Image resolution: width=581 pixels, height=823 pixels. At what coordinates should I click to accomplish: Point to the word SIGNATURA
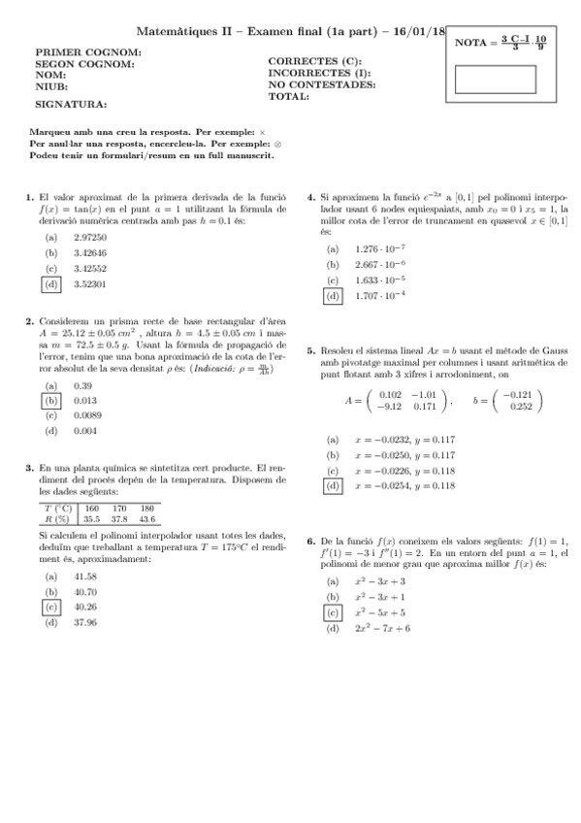pos(71,103)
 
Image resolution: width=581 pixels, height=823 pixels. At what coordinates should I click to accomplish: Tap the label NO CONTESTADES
pos(321,84)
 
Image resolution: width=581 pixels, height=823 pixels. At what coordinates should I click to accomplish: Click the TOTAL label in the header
pos(288,96)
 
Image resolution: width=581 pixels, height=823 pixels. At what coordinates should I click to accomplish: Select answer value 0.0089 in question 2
pos(87,415)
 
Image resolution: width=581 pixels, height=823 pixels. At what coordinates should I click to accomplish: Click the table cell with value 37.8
pos(119,519)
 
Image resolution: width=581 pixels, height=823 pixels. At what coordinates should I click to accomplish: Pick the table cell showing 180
pos(147,508)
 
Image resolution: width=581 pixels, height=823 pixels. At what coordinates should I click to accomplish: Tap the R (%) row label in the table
pos(59,519)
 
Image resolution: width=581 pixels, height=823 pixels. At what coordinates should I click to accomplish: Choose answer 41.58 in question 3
pos(85,576)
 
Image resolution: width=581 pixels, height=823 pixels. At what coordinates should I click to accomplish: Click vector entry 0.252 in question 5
pos(521,407)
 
